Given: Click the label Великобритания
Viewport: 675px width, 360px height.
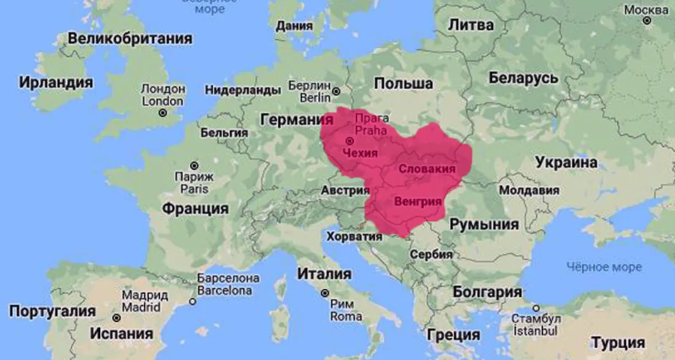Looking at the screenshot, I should (x=130, y=39).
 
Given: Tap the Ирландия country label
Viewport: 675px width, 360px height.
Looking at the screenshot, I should (x=56, y=82).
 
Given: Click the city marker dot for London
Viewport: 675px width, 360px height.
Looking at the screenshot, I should (x=163, y=113).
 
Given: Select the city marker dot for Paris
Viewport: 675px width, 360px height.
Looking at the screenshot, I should (x=194, y=166).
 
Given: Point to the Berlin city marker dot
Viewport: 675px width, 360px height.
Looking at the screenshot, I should (x=336, y=91).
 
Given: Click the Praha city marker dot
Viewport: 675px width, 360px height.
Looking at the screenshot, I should (x=350, y=141).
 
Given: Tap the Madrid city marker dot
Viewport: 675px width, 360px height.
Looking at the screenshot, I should (x=117, y=318).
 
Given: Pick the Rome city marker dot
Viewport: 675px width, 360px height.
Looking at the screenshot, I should (x=324, y=293).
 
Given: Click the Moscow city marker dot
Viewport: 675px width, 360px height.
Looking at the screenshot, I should (x=647, y=21).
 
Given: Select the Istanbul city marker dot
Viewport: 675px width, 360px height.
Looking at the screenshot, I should (x=535, y=308).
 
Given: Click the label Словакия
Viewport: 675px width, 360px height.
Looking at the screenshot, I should (x=427, y=169).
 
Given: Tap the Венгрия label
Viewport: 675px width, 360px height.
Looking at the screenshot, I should (x=418, y=201).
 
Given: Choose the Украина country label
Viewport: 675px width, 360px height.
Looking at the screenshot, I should (x=566, y=163).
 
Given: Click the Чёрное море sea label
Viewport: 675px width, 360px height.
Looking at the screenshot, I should (x=604, y=267).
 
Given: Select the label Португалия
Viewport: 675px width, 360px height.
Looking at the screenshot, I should (x=52, y=312).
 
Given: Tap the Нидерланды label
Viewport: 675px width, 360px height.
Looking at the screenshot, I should (x=242, y=90).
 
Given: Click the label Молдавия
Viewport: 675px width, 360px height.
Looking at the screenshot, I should (x=529, y=191).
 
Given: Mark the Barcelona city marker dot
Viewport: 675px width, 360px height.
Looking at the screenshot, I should (x=192, y=301).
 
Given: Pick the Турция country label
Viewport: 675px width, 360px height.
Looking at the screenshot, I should (x=617, y=342).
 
